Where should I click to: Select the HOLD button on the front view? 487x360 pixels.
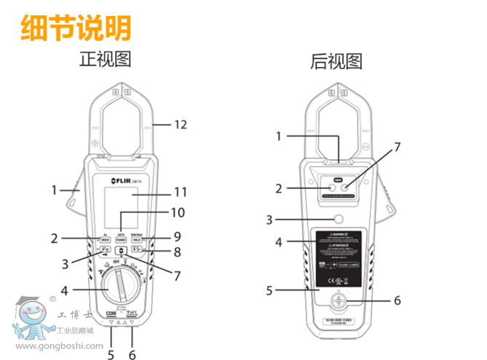pos(135,239)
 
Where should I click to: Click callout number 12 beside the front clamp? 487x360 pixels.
pos(180,124)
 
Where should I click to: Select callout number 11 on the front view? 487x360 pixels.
pos(179,192)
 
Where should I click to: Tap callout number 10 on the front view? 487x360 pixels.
pos(178,213)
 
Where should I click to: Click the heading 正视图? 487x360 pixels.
pos(105,59)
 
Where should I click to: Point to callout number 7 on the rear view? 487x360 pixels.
pos(397,147)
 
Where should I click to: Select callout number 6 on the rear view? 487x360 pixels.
pos(397,299)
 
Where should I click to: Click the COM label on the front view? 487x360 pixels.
pos(111,313)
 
